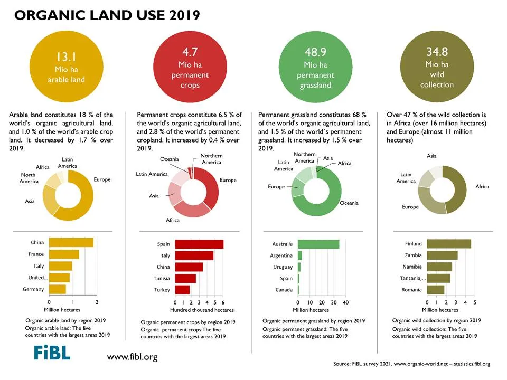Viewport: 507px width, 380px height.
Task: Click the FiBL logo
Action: coord(52,353)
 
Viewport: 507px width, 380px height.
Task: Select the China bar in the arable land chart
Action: coord(71,243)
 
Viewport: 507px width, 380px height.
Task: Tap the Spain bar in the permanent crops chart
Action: coord(199,244)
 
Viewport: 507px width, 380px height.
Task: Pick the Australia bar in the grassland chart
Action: coord(318,244)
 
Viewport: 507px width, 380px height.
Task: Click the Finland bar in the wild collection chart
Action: coord(449,244)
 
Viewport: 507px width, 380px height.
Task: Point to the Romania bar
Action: coord(436,290)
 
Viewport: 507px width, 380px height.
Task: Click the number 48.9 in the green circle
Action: coord(316,52)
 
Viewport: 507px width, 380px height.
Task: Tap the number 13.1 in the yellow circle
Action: coord(67,57)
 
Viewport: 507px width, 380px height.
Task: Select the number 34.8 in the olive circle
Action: coord(437,52)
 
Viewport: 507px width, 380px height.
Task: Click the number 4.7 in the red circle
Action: coord(190,52)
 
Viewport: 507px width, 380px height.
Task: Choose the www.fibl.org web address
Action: coord(132,357)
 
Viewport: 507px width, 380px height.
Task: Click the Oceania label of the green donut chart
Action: coord(349,203)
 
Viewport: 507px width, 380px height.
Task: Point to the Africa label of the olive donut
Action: coord(482,186)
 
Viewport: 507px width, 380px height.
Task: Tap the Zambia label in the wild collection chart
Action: coord(413,255)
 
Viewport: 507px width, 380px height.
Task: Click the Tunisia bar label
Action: coord(162,278)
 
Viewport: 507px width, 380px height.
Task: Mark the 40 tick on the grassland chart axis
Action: coord(345,302)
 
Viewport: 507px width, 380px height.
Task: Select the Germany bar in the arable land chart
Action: coord(58,289)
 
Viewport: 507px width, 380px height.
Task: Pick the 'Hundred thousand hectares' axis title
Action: coord(202,310)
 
